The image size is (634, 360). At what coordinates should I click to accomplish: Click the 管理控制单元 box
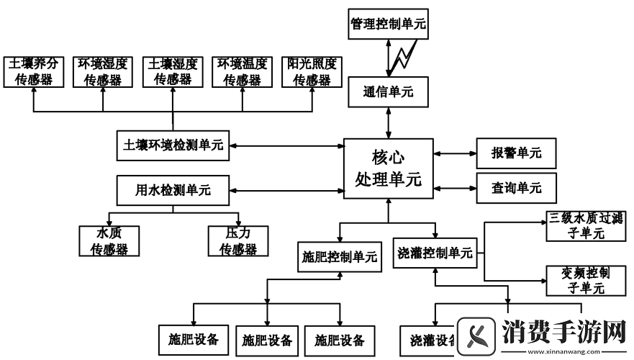388,24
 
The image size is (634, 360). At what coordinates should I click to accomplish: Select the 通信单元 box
388,92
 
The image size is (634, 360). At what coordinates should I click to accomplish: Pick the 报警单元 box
516,153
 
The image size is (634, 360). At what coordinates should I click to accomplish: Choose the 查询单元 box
516,188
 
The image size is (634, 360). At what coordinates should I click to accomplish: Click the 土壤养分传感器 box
34,71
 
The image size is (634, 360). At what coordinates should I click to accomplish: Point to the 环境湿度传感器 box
103,71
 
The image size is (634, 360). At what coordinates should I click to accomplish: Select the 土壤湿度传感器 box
172,71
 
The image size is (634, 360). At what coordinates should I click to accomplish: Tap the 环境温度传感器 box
242,71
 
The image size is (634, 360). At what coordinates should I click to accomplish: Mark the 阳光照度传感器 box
311,71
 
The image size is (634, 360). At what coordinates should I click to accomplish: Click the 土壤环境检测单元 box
173,145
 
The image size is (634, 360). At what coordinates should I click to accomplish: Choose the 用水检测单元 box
173,191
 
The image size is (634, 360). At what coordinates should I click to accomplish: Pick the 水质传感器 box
109,241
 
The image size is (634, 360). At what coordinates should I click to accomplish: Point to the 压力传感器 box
238,241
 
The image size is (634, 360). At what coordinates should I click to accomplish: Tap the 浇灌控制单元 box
435,253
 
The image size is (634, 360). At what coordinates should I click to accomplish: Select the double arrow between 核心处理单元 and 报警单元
455,153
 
